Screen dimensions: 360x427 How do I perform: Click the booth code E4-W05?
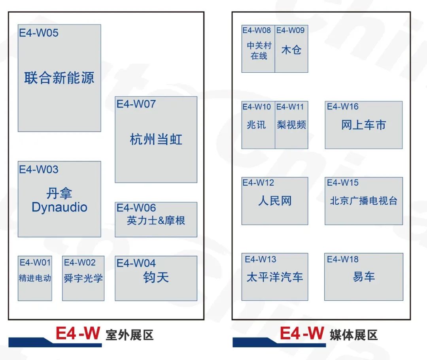tap(39, 33)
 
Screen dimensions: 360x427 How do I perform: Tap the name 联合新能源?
tap(59, 78)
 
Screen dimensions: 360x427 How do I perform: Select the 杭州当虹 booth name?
tap(156, 139)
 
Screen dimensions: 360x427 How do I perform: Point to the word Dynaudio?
tap(59, 207)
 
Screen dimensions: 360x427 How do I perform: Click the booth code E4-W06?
tap(136, 208)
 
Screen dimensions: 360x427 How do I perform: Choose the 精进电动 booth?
tap(35, 278)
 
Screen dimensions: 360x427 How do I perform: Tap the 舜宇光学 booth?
tap(83, 278)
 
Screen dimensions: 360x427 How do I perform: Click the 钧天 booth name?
tap(156, 277)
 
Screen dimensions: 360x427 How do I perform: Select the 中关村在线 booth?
tap(258, 51)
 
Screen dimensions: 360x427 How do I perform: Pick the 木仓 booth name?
tap(291, 50)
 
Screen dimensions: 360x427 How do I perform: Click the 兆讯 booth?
tap(256, 125)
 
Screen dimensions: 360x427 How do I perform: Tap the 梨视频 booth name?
tap(291, 125)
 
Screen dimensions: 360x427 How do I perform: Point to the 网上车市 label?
tap(363, 125)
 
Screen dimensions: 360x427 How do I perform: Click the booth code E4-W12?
tap(258, 183)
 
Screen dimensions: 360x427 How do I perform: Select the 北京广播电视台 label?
tap(363, 201)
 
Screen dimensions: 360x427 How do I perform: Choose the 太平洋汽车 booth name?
tap(275, 277)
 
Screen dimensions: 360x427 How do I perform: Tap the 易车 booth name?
tap(363, 277)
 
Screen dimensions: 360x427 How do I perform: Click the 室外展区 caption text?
tap(129, 335)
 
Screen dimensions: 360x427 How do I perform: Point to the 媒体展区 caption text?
tap(353, 335)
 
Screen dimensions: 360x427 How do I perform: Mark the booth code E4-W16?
tap(342, 106)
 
